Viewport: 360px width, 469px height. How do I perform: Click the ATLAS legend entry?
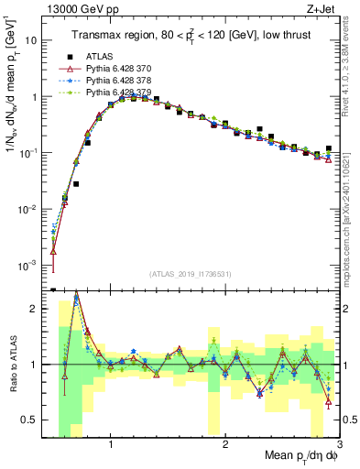point(99,57)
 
